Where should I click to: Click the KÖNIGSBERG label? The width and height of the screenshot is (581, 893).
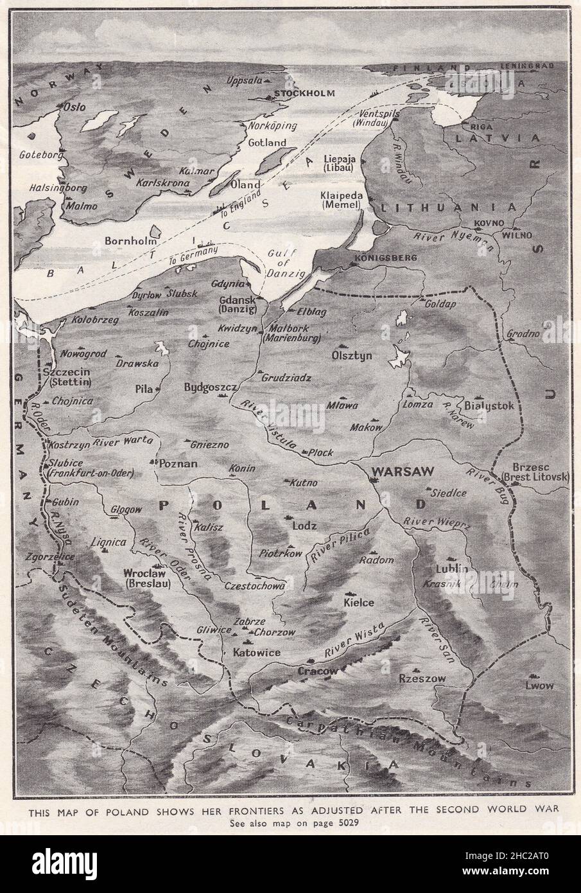click(x=386, y=258)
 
